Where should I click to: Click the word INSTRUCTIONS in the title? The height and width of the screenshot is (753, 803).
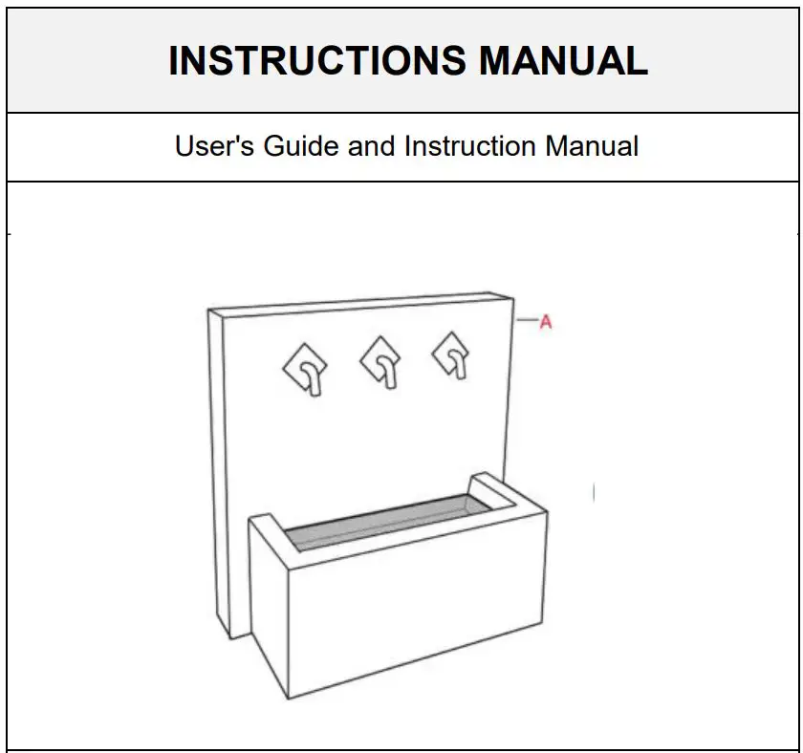[x=318, y=60]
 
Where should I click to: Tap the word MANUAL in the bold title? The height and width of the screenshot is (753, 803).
[x=563, y=60]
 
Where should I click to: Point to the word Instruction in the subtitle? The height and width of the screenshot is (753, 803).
[x=469, y=147]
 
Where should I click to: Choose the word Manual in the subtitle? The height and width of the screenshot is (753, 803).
[x=592, y=147]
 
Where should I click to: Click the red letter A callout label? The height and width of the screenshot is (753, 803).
[x=546, y=323]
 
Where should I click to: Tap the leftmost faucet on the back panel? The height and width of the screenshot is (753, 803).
[x=307, y=369]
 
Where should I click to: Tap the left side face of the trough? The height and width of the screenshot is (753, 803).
[x=268, y=602]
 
